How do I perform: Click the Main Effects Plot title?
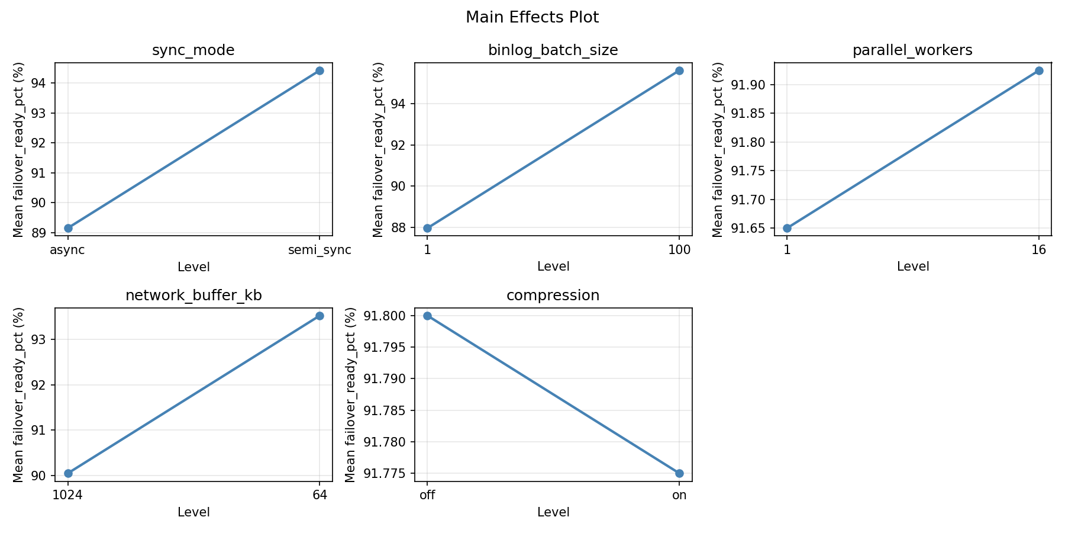(x=532, y=17)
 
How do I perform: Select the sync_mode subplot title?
(x=193, y=50)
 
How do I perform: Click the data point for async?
(x=68, y=228)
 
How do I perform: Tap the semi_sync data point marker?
(x=319, y=70)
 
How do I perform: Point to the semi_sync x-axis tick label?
(x=319, y=250)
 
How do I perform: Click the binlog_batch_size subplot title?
(x=553, y=50)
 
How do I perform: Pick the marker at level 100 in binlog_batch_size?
(x=679, y=70)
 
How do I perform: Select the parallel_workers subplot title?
(x=912, y=50)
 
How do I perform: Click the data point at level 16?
(x=1039, y=70)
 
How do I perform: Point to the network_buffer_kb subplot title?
(x=193, y=296)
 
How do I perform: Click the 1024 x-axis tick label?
(x=68, y=495)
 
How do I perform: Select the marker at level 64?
(x=319, y=316)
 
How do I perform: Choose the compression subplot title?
(x=553, y=296)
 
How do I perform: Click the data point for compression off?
(x=427, y=316)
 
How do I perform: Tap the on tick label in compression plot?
(x=679, y=495)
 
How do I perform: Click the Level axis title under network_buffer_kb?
(x=193, y=512)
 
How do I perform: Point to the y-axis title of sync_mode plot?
(x=19, y=149)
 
